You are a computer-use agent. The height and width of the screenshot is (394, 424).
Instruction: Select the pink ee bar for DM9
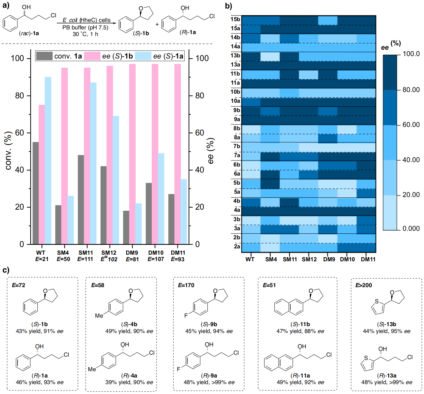[132, 154]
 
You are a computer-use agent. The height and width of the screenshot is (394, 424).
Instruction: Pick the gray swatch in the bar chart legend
[44, 56]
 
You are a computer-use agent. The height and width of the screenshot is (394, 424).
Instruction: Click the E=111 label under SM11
[85, 259]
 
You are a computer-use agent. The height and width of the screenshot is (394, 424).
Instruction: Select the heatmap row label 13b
[235, 56]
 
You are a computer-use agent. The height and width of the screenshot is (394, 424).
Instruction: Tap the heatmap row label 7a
[237, 156]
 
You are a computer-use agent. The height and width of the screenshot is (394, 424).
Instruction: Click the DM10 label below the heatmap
[347, 259]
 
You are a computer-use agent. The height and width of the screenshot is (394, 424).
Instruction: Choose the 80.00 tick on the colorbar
[411, 90]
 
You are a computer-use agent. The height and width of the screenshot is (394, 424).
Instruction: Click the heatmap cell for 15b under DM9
[328, 21]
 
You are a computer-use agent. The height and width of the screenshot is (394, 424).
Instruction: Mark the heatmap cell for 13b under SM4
[270, 57]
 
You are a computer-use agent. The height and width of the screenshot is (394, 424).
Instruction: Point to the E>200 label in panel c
[364, 285]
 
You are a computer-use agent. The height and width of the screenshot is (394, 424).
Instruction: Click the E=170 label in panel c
[186, 285]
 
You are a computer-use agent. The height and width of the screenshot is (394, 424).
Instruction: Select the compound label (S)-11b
[300, 324]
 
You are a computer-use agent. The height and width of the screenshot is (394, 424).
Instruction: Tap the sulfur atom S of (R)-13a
[366, 358]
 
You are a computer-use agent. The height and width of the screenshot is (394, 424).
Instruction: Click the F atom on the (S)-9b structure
[186, 315]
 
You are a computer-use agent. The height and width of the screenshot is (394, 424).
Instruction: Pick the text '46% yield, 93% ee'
[40, 382]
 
